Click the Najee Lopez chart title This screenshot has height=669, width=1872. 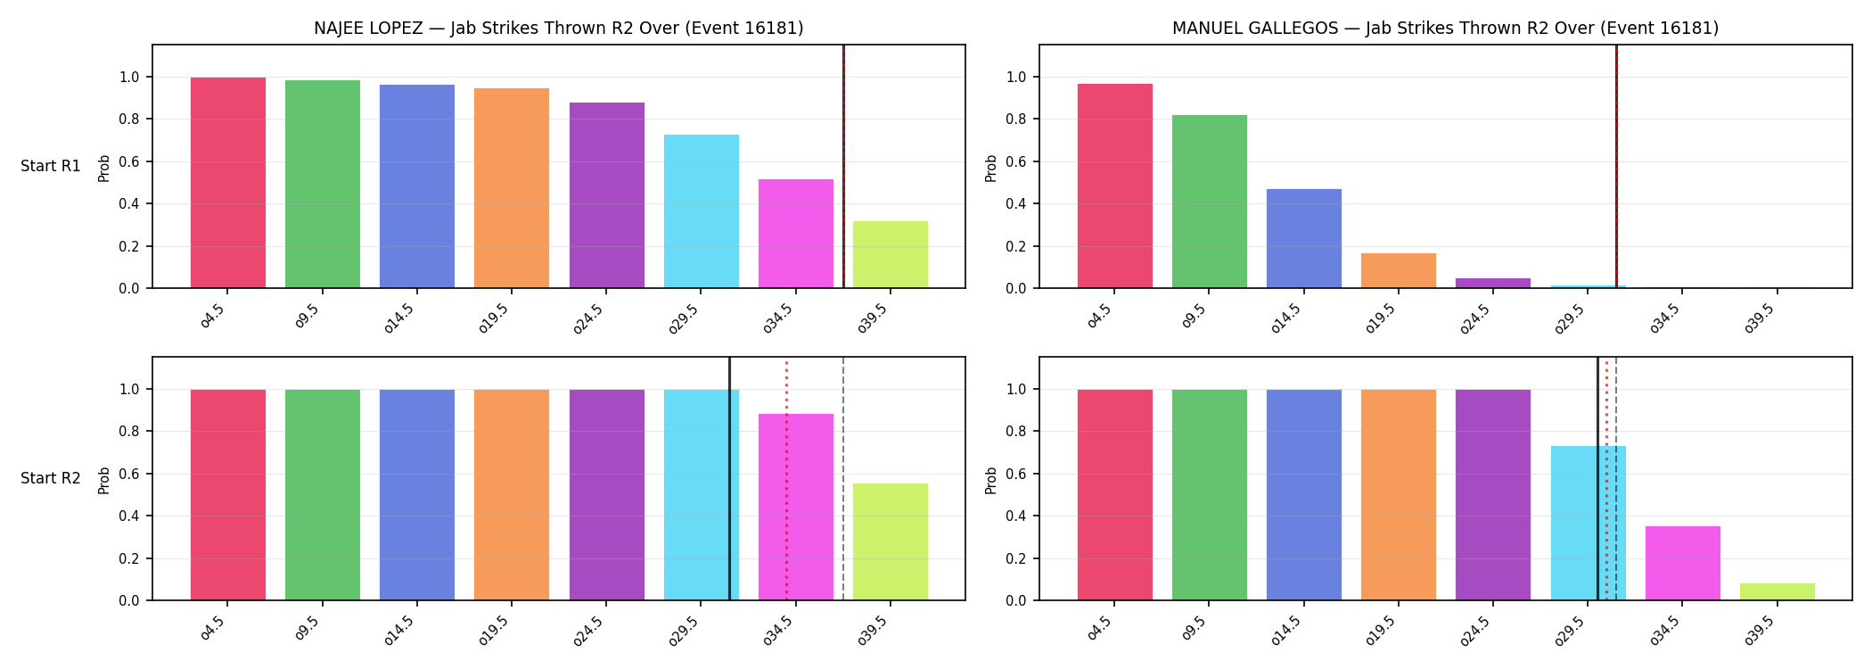click(558, 29)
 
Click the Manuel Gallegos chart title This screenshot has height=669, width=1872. click(1445, 29)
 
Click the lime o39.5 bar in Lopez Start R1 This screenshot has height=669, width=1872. click(891, 254)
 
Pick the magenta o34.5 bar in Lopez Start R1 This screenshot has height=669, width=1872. click(796, 234)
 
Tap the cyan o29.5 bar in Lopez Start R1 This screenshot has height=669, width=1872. click(702, 211)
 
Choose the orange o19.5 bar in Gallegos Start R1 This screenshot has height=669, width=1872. click(1399, 270)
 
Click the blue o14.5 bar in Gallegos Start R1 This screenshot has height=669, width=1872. click(1304, 238)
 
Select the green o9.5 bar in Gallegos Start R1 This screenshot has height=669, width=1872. click(1210, 202)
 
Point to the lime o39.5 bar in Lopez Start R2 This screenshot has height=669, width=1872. click(891, 541)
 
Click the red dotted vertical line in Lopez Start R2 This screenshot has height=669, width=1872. click(786, 479)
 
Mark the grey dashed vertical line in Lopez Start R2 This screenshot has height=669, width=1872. click(843, 479)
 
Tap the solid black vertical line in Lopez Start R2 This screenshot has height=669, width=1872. click(729, 479)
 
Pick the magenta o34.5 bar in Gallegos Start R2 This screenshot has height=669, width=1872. click(1683, 563)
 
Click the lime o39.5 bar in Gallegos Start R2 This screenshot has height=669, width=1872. click(1778, 591)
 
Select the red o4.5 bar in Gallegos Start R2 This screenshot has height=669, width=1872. click(1115, 495)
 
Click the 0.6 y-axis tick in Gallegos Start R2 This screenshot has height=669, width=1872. click(1016, 474)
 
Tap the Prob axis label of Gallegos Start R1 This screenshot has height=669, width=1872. click(991, 168)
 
